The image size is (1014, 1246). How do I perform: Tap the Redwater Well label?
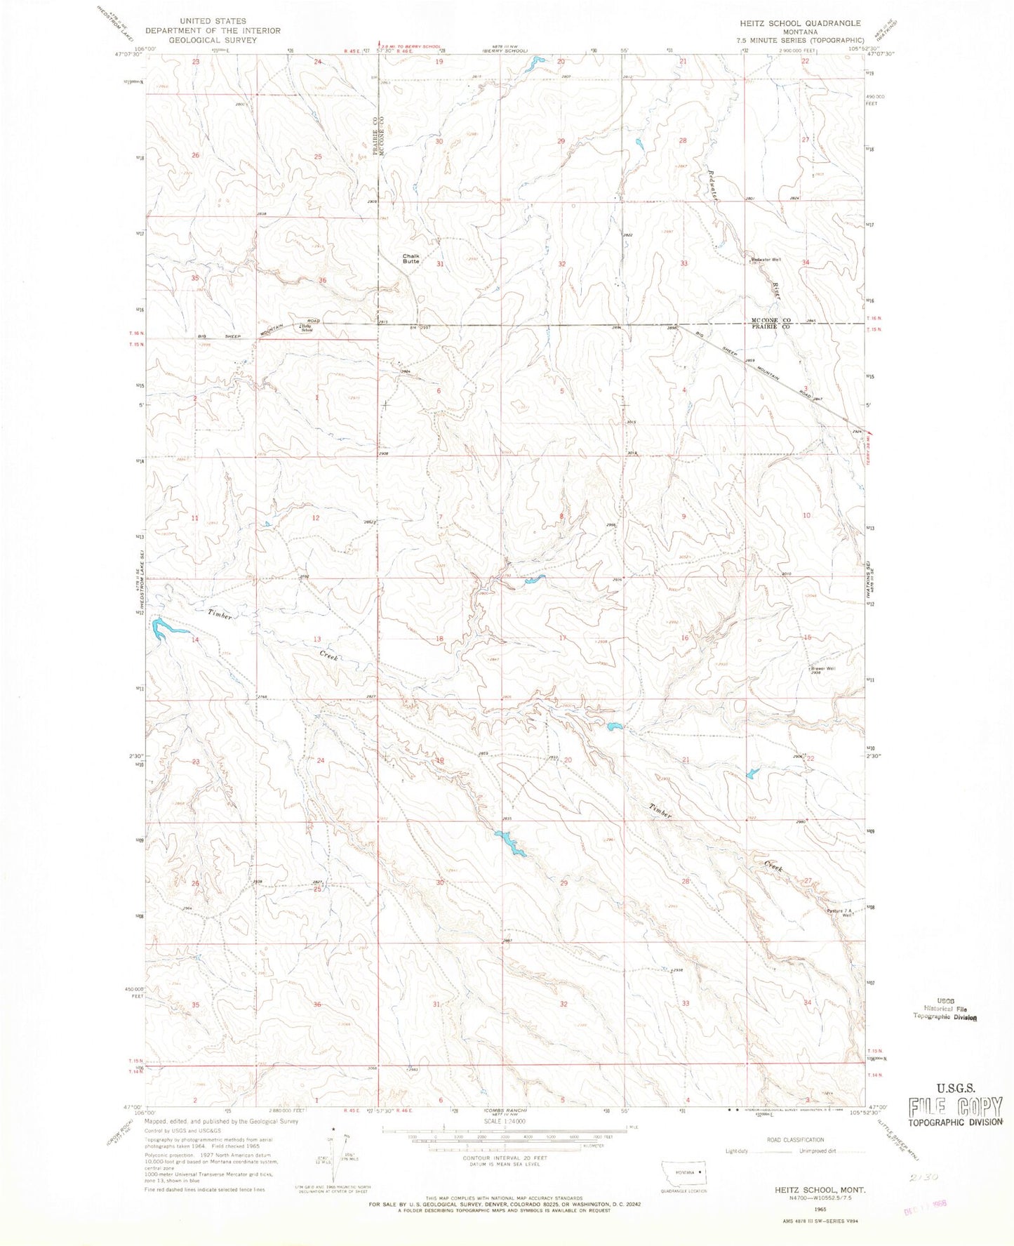click(x=766, y=260)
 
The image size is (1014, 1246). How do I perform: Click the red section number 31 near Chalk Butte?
click(x=440, y=264)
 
